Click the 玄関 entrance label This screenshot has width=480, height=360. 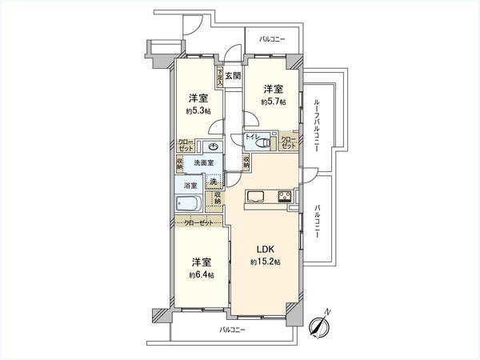click(x=232, y=76)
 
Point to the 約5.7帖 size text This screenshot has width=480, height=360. click(x=274, y=102)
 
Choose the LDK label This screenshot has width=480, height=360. click(x=264, y=249)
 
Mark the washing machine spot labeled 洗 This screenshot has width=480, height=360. click(x=213, y=180)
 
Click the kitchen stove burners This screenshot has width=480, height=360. click(x=285, y=198)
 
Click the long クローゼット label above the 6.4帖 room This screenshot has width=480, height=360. click(x=199, y=223)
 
